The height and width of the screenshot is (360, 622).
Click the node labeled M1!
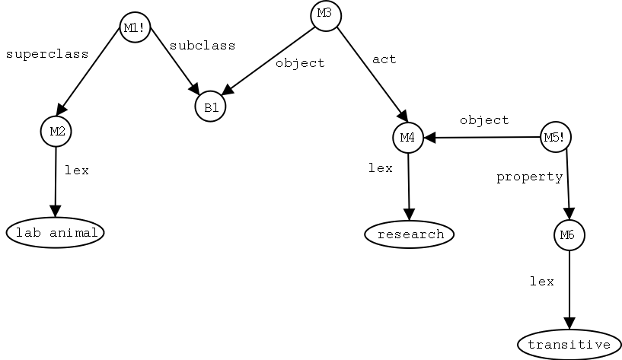[x=135, y=28]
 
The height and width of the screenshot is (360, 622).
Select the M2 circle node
[x=56, y=131]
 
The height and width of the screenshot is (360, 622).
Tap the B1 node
[x=210, y=107]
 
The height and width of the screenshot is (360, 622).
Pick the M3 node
[x=325, y=14]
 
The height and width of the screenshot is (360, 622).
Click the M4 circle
[x=408, y=138]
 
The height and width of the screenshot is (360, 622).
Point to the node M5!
[x=556, y=137]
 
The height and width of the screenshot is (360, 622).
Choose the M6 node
[x=569, y=235]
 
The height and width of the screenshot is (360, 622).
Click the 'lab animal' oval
[x=56, y=233]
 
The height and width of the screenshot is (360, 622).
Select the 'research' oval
[x=410, y=234]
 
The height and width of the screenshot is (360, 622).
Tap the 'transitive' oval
[x=569, y=345]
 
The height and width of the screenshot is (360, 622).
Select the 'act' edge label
[x=384, y=59]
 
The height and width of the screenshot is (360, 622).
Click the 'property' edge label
[x=529, y=177]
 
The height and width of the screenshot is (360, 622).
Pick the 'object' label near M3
[x=300, y=63]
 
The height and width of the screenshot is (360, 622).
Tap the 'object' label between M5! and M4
[x=484, y=120]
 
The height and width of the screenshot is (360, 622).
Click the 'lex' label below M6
[x=541, y=281]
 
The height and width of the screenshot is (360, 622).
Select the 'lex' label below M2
[x=76, y=170]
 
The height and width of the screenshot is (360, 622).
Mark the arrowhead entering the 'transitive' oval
[x=569, y=324]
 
